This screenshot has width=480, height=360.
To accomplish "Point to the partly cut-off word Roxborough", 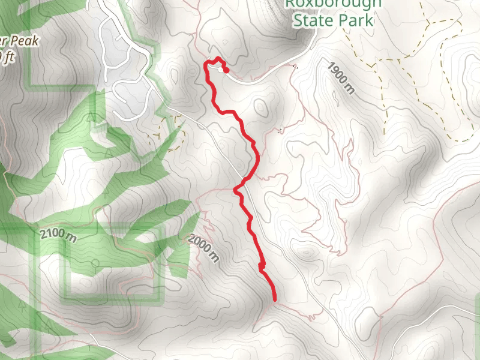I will click(332, 4).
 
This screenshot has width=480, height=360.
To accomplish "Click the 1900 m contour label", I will click(341, 77).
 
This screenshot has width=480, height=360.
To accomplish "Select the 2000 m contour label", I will click(203, 248).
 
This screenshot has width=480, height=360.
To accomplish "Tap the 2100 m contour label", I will click(58, 235).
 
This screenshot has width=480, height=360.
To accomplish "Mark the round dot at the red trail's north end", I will click(226, 70).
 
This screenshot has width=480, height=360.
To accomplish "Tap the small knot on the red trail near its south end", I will click(262, 265).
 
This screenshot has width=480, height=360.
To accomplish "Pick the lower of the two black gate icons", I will click(281, 130).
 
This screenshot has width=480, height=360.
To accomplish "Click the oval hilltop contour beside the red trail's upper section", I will click(261, 107).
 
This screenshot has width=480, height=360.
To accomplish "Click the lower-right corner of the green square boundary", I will click(160, 297).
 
